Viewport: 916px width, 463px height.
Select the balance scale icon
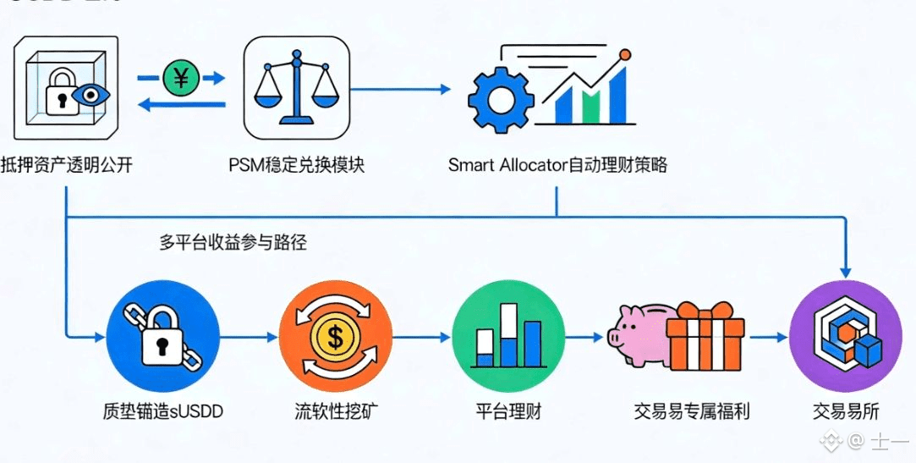pyautogui.click(x=296, y=89)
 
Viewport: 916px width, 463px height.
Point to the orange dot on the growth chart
pyautogui.click(x=625, y=55)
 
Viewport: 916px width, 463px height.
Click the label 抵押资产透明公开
pyautogui.click(x=67, y=164)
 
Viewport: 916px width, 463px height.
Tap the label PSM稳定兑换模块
pyautogui.click(x=296, y=164)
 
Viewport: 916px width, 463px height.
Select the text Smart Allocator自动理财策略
pyautogui.click(x=557, y=164)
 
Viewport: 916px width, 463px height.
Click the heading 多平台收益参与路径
pyautogui.click(x=233, y=242)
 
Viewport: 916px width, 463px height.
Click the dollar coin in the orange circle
pyautogui.click(x=336, y=338)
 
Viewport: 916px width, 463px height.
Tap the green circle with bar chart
pyautogui.click(x=508, y=337)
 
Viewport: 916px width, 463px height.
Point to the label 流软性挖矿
pyautogui.click(x=336, y=412)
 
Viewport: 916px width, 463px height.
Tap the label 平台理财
pyautogui.click(x=508, y=412)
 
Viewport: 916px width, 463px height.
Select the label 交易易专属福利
pyautogui.click(x=691, y=412)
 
